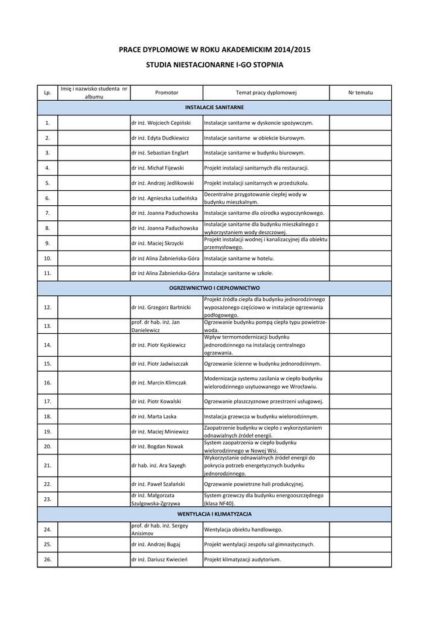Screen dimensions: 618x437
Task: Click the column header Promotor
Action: (167, 93)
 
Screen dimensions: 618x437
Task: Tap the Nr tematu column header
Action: (360, 93)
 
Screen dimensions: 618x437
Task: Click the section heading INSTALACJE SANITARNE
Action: (214, 107)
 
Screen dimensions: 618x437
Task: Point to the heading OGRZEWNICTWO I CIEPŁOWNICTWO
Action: (214, 288)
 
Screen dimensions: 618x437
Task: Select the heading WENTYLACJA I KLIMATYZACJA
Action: (214, 514)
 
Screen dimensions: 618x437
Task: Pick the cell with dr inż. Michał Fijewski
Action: (157, 168)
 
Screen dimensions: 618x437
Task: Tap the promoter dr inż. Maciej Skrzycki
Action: (157, 243)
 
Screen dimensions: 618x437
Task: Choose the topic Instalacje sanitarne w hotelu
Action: (239, 258)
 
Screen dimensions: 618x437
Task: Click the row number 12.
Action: (48, 308)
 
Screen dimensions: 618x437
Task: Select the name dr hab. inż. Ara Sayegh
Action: (158, 465)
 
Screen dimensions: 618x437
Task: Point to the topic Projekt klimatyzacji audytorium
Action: (243, 559)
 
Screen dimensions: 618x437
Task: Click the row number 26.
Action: (48, 559)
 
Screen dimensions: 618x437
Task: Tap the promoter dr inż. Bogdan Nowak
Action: (157, 447)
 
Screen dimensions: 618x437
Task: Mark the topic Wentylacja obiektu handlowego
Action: (243, 529)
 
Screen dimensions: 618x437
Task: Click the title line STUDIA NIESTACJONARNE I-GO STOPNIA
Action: (214, 64)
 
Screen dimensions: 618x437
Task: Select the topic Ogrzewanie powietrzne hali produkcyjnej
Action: (254, 484)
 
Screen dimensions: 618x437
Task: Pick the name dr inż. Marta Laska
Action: (154, 416)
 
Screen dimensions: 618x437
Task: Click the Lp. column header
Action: (48, 93)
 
